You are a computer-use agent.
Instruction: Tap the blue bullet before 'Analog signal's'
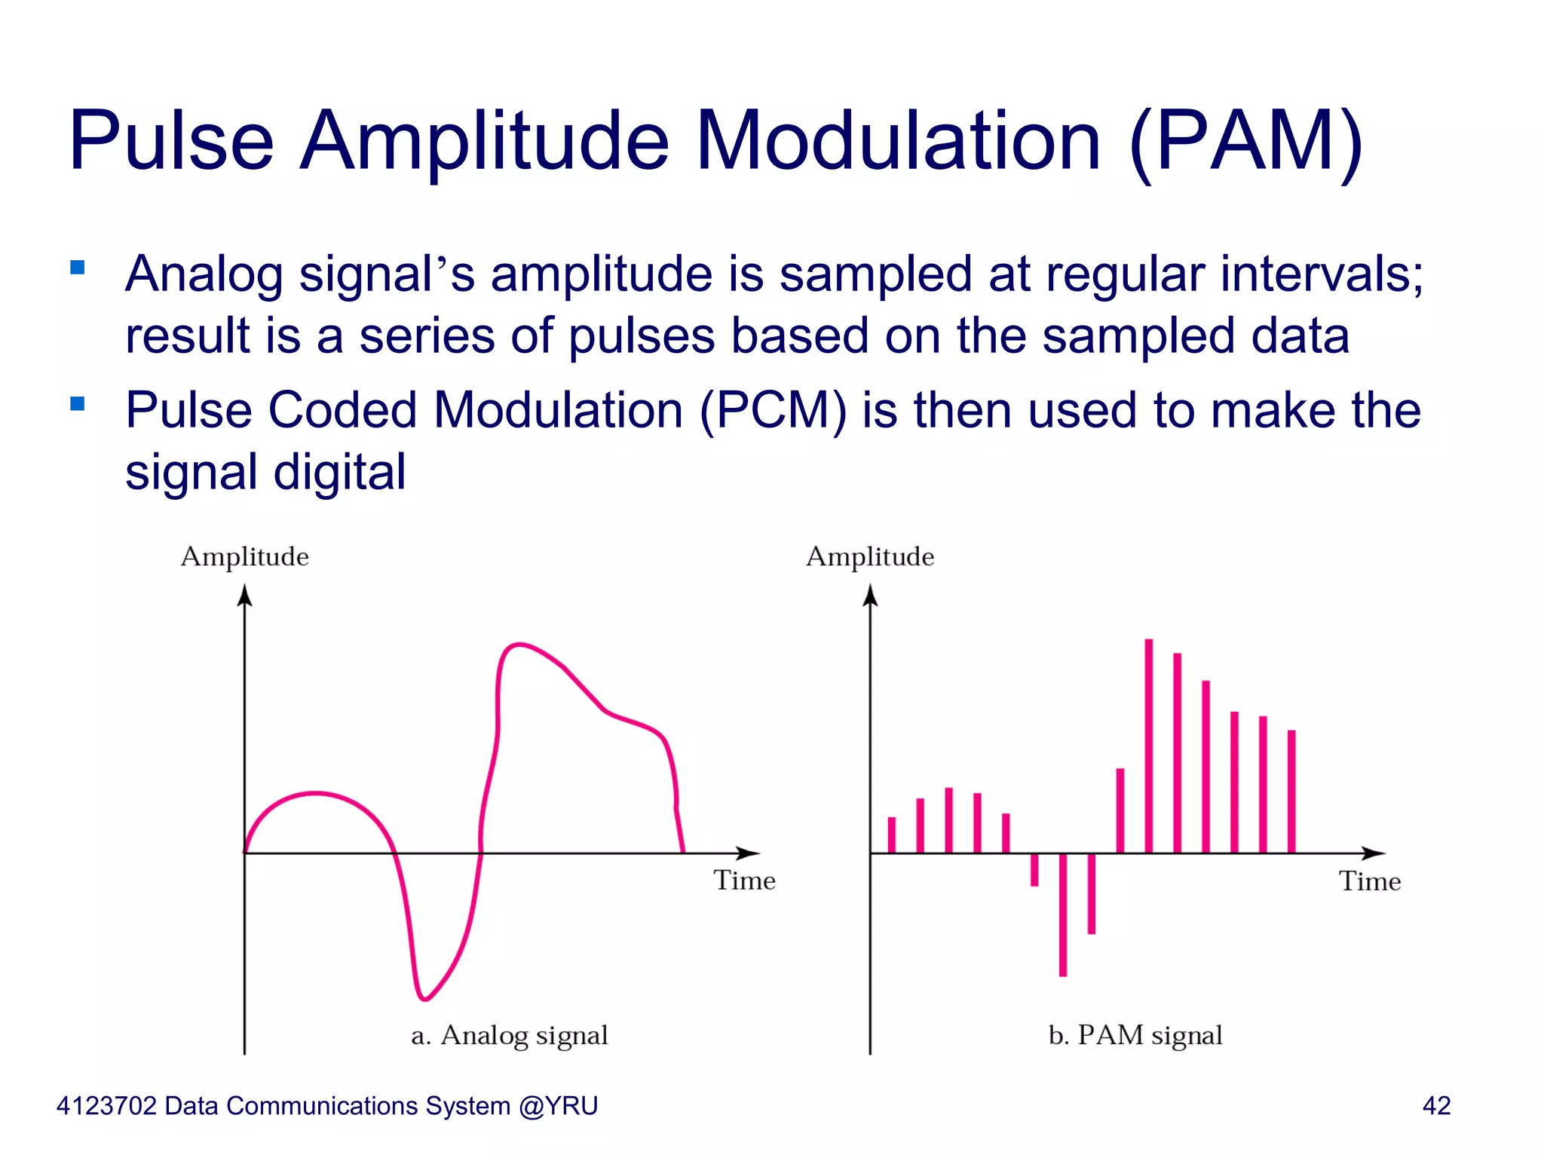coord(77,267)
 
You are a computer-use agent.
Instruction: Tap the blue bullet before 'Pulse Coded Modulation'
coord(77,403)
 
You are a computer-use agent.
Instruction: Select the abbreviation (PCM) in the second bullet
coord(773,411)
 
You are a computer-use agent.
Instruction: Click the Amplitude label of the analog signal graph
coord(244,556)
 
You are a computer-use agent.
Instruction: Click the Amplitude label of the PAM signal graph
coord(870,556)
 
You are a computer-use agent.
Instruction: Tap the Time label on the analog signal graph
coord(744,881)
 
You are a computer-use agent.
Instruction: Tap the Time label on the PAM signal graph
coord(1370,881)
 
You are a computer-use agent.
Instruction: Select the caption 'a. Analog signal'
coord(510,1035)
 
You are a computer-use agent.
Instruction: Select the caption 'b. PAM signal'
coord(1135,1035)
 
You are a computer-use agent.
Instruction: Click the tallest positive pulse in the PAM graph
coord(1148,746)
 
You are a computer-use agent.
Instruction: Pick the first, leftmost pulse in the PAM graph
coord(892,835)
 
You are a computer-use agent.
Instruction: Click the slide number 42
coord(1436,1106)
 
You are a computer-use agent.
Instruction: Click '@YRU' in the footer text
coord(559,1106)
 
